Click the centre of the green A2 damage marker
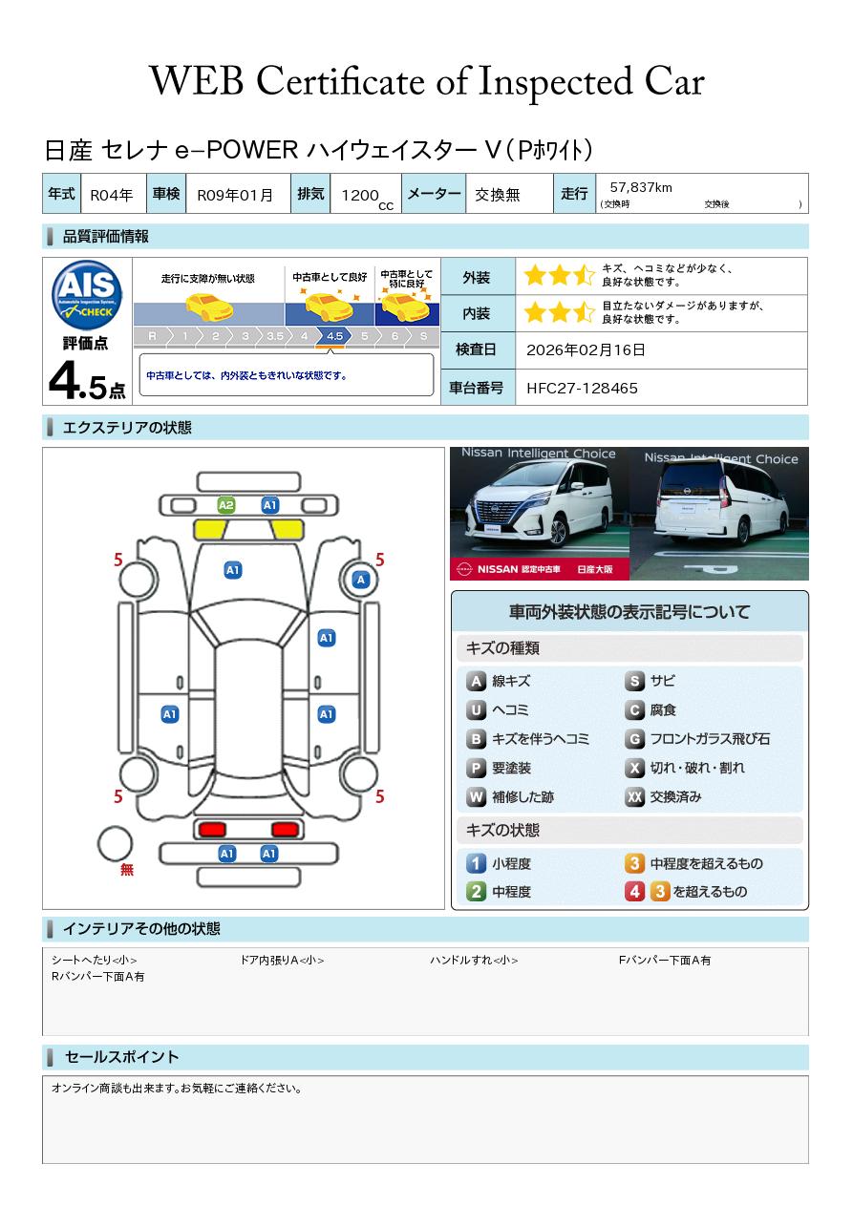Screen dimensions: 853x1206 [x=226, y=505]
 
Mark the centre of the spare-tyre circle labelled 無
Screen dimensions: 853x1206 [x=115, y=843]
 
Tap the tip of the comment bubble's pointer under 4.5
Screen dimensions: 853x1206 [x=331, y=349]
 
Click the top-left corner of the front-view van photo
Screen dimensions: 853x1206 [x=450, y=447]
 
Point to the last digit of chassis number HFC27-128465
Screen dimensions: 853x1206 [x=633, y=389]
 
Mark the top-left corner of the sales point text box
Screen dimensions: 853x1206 [x=43, y=1076]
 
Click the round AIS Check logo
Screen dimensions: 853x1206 [x=87, y=295]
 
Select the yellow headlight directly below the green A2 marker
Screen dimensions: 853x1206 [x=210, y=530]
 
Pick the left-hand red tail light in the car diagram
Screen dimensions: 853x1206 [x=212, y=829]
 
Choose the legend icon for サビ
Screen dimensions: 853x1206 [x=634, y=681]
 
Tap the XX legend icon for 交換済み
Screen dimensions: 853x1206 [x=634, y=796]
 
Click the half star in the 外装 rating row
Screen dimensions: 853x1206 [x=584, y=275]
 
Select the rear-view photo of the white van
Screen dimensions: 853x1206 [x=719, y=514]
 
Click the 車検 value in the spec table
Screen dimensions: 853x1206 [x=235, y=195]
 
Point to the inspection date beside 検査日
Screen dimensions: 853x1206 [x=586, y=349]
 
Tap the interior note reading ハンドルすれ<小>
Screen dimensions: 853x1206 [x=474, y=960]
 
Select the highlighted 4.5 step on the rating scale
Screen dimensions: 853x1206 [x=334, y=336]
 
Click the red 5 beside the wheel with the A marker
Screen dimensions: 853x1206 [x=379, y=560]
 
